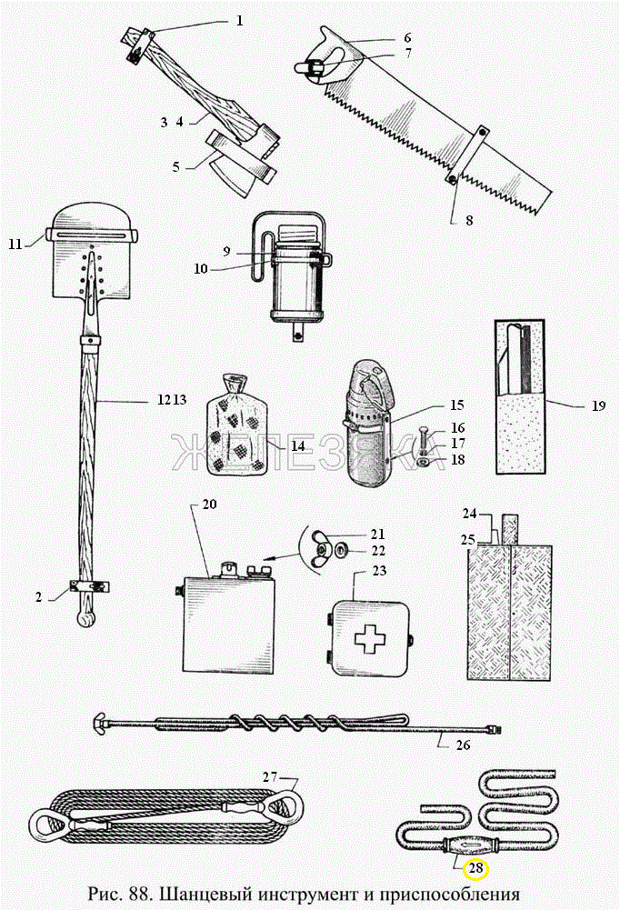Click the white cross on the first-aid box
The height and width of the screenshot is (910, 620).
[368, 640]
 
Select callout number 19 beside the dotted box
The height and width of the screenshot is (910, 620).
[597, 405]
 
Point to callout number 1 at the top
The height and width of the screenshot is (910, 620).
[239, 18]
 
